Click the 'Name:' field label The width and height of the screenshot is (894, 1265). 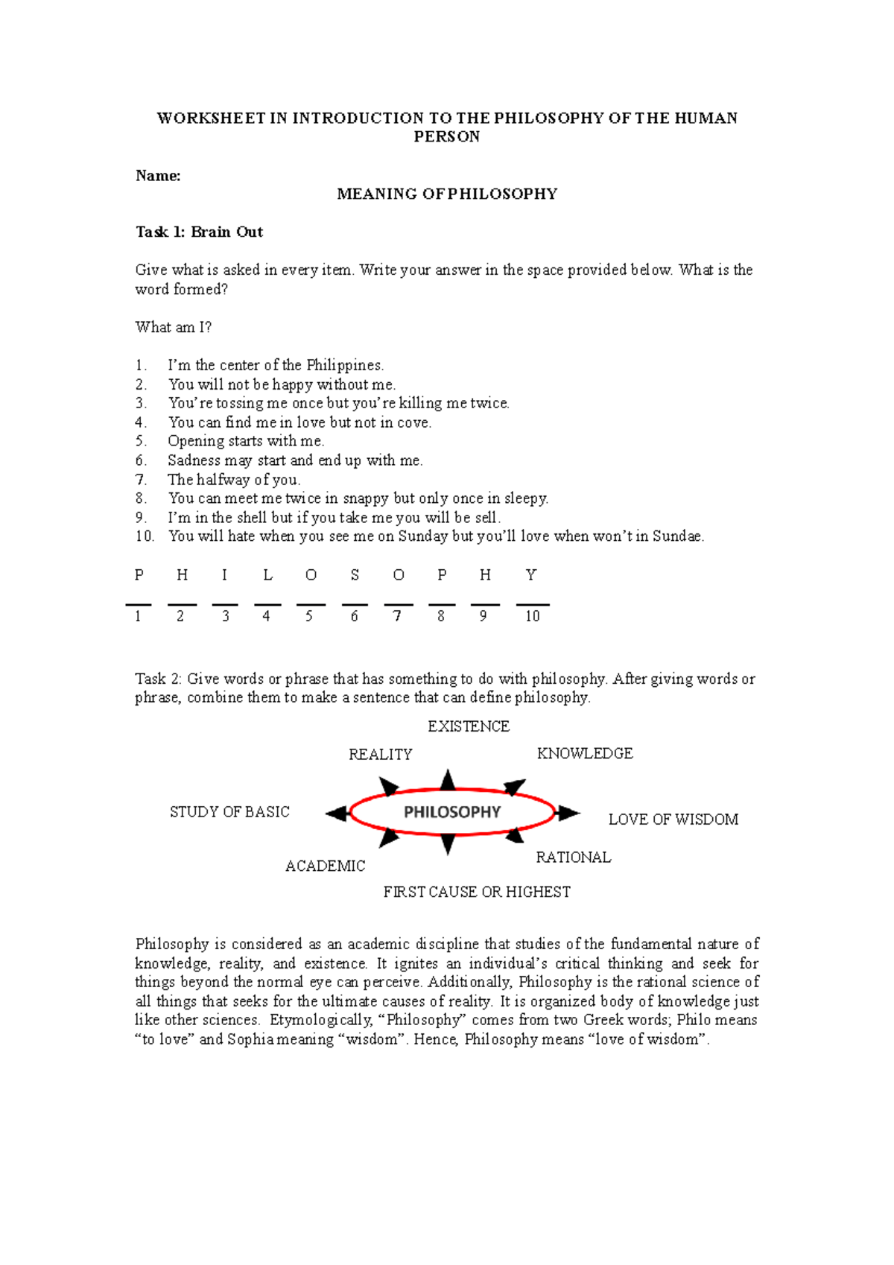158,176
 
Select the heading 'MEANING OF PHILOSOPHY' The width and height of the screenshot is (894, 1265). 447,194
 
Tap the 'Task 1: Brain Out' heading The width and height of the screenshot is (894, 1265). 199,232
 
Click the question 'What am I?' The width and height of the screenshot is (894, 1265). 174,327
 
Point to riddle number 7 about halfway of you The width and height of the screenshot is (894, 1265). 233,480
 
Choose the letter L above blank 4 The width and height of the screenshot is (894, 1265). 267,575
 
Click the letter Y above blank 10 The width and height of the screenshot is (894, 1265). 530,575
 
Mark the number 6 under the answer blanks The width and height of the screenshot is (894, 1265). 354,616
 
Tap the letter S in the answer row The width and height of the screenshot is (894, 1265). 355,575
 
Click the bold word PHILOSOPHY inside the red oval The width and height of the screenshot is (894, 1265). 452,812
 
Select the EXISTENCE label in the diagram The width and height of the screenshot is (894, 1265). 469,726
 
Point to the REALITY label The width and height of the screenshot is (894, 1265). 380,755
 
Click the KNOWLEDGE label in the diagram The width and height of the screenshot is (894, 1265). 585,754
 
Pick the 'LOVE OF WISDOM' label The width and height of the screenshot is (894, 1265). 673,819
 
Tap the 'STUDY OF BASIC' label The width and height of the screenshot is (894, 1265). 229,812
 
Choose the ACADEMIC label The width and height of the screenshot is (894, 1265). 326,866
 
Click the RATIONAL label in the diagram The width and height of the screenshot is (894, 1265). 574,857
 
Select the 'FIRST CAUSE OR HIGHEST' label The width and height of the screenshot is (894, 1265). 477,892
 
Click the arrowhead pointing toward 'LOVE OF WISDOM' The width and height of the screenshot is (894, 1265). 569,813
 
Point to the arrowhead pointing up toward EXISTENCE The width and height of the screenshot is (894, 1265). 448,780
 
